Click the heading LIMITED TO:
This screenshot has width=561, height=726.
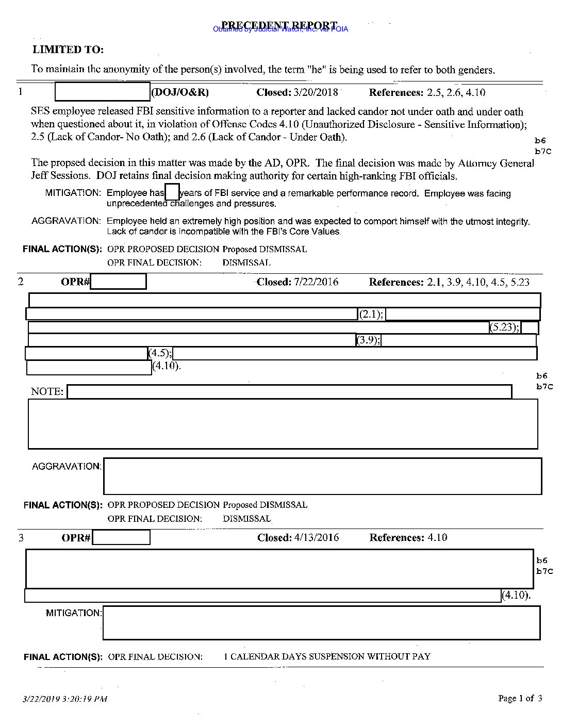[x=68, y=50]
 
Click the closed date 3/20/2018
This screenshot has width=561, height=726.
[x=316, y=93]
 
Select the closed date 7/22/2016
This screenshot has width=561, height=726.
[x=316, y=282]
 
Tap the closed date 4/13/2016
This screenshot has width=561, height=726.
[x=316, y=538]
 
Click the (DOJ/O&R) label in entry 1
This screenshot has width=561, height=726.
[x=180, y=93]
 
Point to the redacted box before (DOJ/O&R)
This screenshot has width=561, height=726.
[x=102, y=92]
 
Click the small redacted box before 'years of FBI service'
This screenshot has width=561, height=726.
[x=172, y=192]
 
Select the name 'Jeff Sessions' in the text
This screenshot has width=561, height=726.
[x=60, y=176]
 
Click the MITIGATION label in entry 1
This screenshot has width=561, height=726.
[x=73, y=193]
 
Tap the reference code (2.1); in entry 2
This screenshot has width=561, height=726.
[x=371, y=314]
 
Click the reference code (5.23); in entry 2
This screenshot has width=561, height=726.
[x=504, y=327]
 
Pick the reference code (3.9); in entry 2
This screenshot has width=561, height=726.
[x=369, y=340]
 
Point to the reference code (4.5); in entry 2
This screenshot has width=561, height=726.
[x=160, y=353]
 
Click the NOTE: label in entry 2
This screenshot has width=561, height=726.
[x=47, y=392]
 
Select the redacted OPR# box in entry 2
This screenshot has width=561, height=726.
[x=118, y=282]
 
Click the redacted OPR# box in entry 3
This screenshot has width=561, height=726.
[x=121, y=538]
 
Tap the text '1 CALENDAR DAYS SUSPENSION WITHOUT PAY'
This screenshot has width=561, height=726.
[x=327, y=657]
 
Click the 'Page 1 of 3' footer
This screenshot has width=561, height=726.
[x=520, y=699]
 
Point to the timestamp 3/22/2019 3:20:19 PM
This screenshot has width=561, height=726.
[x=65, y=700]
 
